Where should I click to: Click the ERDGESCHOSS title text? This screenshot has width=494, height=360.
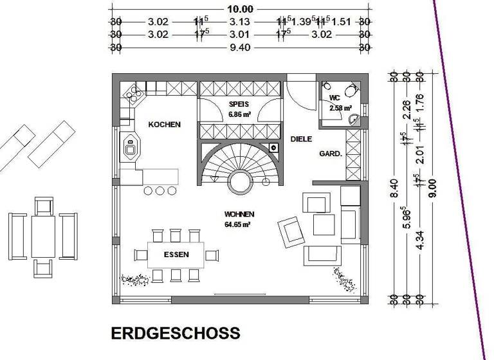(x=176, y=334)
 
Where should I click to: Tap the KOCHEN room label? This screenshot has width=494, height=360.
(x=165, y=125)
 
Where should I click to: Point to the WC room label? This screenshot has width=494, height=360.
(x=334, y=98)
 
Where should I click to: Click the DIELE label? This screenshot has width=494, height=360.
(x=301, y=139)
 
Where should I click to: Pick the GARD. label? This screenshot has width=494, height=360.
(x=331, y=154)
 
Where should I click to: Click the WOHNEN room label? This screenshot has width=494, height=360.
(x=239, y=214)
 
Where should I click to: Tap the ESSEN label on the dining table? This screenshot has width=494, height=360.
(x=176, y=255)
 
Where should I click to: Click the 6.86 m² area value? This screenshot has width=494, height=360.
(x=239, y=114)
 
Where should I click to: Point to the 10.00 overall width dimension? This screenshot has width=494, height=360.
(x=239, y=9)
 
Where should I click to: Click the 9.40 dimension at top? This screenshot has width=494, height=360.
(x=239, y=47)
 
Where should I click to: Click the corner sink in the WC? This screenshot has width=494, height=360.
(x=353, y=120)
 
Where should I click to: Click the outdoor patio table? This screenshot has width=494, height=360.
(x=43, y=236)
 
